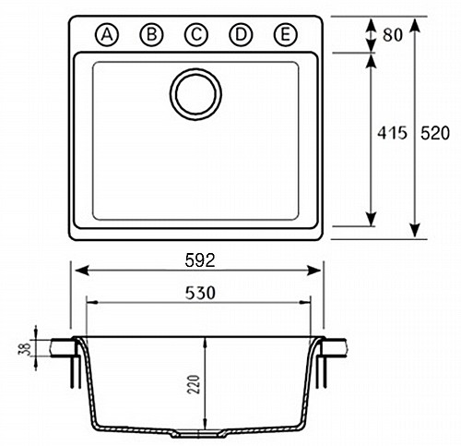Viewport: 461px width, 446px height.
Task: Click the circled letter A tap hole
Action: (107, 34)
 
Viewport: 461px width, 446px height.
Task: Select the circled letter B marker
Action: (151, 34)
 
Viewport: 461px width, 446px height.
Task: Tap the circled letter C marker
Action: (196, 34)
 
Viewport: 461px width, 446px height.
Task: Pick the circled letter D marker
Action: (241, 34)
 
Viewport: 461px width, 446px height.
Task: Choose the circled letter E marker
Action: (286, 34)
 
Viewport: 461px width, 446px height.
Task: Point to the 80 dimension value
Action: (393, 35)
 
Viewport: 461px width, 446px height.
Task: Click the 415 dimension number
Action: (392, 133)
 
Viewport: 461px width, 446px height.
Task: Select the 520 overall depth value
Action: (435, 133)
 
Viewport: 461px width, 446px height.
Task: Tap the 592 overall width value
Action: (200, 260)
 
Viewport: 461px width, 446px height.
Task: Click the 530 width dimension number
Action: (200, 293)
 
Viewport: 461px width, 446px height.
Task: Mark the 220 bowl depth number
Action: (194, 384)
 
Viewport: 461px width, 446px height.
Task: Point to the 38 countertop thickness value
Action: (26, 348)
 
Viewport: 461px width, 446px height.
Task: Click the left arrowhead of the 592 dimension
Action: (82, 271)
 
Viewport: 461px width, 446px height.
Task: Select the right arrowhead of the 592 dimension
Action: (313, 271)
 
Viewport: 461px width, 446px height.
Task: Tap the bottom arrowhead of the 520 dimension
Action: (415, 230)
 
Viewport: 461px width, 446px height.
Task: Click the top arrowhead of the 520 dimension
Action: (415, 25)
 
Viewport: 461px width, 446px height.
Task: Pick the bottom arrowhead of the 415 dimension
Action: (372, 219)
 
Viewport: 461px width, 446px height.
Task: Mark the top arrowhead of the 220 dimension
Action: (206, 343)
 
